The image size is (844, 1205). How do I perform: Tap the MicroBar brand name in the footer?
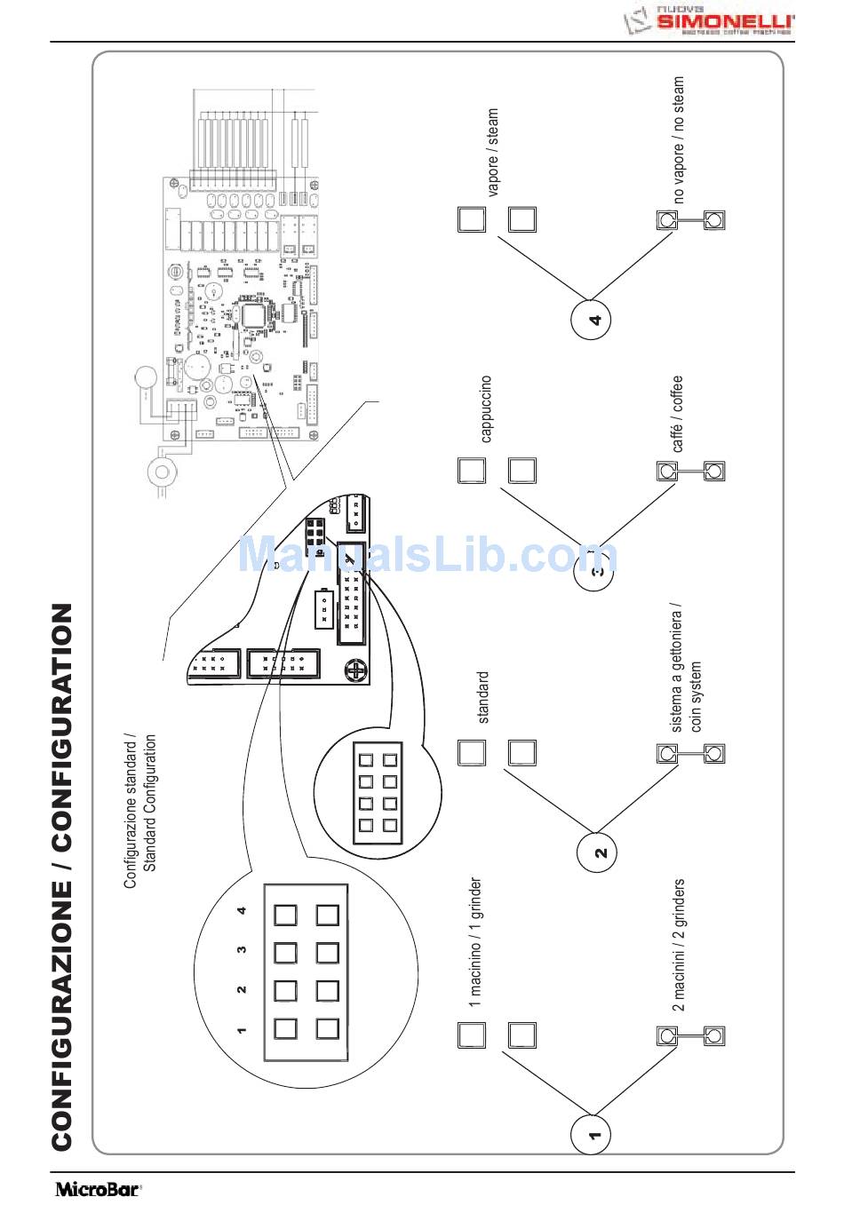pyautogui.click(x=98, y=1188)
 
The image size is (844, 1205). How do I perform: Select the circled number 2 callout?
pyautogui.click(x=601, y=853)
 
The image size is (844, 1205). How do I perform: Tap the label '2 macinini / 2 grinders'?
pyautogui.click(x=680, y=945)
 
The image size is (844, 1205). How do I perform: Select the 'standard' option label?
pyautogui.click(x=483, y=697)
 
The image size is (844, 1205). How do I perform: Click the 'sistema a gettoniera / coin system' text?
pyautogui.click(x=686, y=670)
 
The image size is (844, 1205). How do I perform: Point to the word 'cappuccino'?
pyautogui.click(x=486, y=408)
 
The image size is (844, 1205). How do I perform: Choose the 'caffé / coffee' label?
pyautogui.click(x=678, y=414)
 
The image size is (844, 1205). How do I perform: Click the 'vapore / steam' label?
pyautogui.click(x=493, y=151)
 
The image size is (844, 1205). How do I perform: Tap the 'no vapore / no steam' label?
pyautogui.click(x=680, y=140)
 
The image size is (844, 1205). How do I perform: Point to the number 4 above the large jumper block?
pyautogui.click(x=242, y=910)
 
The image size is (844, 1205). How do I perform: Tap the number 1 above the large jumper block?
pyautogui.click(x=242, y=1031)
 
